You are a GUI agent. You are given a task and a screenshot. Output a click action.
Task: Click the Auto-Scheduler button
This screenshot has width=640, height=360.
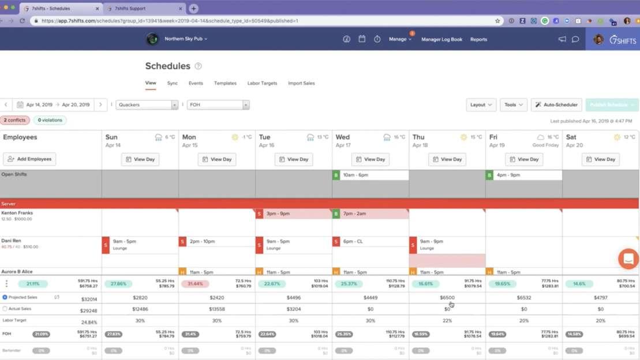point(556,105)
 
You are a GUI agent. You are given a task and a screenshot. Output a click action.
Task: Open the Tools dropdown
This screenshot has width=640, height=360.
point(513,105)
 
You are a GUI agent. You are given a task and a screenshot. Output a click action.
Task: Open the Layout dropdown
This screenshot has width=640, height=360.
point(481,105)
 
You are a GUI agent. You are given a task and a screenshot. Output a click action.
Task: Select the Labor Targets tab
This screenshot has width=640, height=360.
point(262,83)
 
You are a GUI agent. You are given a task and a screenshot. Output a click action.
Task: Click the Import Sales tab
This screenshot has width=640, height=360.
point(301,83)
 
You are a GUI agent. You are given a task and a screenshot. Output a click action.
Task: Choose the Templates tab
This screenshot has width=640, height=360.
point(225,83)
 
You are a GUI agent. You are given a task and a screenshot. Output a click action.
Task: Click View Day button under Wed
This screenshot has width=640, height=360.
point(370,159)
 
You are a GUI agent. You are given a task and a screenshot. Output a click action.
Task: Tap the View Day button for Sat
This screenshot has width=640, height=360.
point(601,159)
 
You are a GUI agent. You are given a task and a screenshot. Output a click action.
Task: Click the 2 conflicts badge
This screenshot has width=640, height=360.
point(16,121)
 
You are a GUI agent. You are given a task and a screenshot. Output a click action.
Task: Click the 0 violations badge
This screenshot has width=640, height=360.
point(50,121)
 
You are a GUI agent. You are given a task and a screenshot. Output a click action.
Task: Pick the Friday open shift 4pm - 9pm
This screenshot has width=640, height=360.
point(523,175)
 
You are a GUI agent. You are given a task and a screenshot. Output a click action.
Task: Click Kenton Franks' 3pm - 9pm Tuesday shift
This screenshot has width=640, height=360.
point(293,214)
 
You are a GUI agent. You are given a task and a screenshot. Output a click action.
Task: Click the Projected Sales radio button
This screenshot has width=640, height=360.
point(5,297)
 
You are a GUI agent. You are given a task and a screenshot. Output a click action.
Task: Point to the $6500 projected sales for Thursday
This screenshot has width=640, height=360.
point(447,298)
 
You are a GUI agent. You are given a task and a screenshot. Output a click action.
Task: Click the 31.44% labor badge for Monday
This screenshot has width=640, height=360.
point(194,284)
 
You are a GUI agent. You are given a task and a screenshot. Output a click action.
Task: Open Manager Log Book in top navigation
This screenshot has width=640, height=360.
point(441,39)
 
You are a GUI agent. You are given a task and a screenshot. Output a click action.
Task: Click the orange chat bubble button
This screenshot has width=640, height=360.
point(628,259)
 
